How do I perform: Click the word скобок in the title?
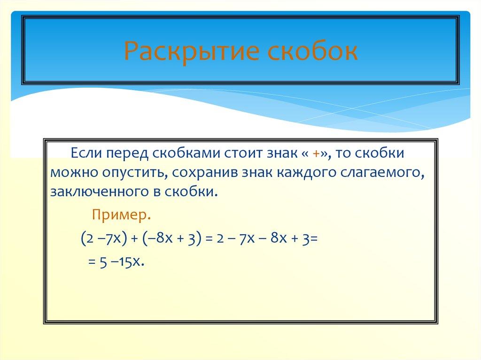point(313,51)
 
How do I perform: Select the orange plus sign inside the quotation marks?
point(317,154)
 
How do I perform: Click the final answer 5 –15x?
point(121,261)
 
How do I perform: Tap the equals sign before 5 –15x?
point(92,262)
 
